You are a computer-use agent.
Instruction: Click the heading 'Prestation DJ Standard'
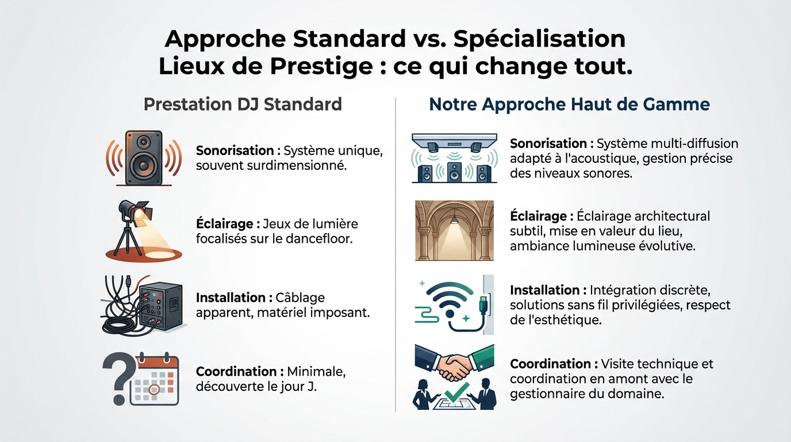tap(243, 105)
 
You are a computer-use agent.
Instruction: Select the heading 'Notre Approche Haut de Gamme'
tap(569, 105)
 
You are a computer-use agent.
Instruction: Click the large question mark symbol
tap(117, 377)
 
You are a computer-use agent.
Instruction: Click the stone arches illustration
tap(454, 230)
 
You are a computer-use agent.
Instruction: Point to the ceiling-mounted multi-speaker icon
tap(454, 158)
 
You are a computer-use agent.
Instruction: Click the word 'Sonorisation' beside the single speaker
tap(235, 151)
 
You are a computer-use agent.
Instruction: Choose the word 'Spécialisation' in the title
tap(539, 39)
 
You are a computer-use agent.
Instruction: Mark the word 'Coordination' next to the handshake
tap(550, 364)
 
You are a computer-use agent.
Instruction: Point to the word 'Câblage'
tap(300, 298)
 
